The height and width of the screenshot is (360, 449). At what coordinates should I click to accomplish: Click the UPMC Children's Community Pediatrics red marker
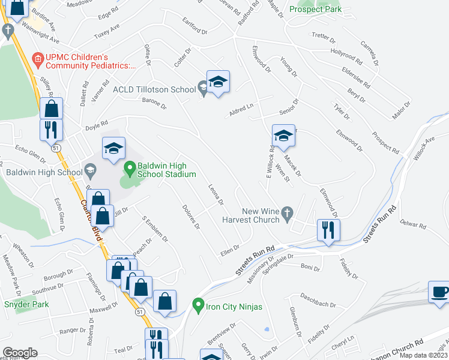click(38, 58)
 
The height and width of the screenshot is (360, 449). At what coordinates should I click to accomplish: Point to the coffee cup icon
click(439, 293)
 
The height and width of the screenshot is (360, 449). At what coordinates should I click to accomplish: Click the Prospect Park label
click(315, 9)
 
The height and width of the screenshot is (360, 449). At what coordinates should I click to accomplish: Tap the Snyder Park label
click(26, 304)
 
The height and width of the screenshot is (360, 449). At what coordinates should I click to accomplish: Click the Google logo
click(20, 353)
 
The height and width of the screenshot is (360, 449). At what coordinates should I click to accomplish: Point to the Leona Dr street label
click(215, 194)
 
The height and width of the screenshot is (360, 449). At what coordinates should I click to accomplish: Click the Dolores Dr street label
click(190, 217)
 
